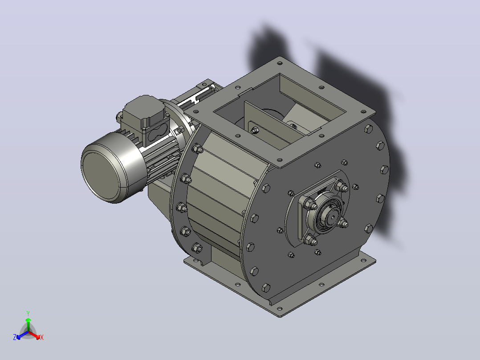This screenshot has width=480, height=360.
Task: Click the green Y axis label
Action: [x=28, y=313]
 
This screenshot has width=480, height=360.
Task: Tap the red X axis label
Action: [x=42, y=337]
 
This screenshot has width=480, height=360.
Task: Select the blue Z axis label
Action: [x=15, y=337]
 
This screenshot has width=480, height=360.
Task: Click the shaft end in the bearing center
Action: [x=332, y=217]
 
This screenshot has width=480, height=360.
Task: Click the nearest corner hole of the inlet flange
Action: [x=280, y=160]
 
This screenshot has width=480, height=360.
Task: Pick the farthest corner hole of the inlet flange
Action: [x=280, y=63]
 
